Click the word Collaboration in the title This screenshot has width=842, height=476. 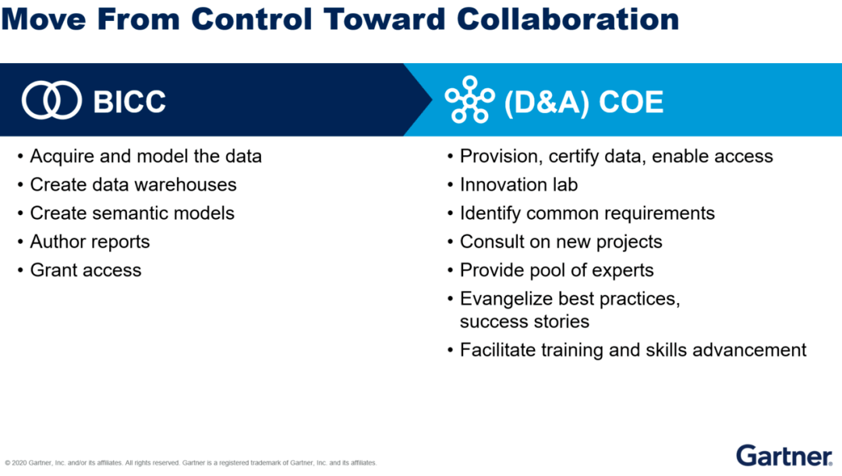(x=568, y=19)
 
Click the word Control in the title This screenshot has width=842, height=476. (x=252, y=19)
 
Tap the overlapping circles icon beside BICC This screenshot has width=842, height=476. (x=51, y=100)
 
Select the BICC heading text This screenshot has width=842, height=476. (x=129, y=101)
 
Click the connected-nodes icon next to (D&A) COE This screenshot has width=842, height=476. (x=470, y=100)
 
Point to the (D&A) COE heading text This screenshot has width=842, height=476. (x=584, y=102)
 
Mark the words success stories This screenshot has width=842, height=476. (x=525, y=322)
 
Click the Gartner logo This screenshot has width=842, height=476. (x=784, y=456)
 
